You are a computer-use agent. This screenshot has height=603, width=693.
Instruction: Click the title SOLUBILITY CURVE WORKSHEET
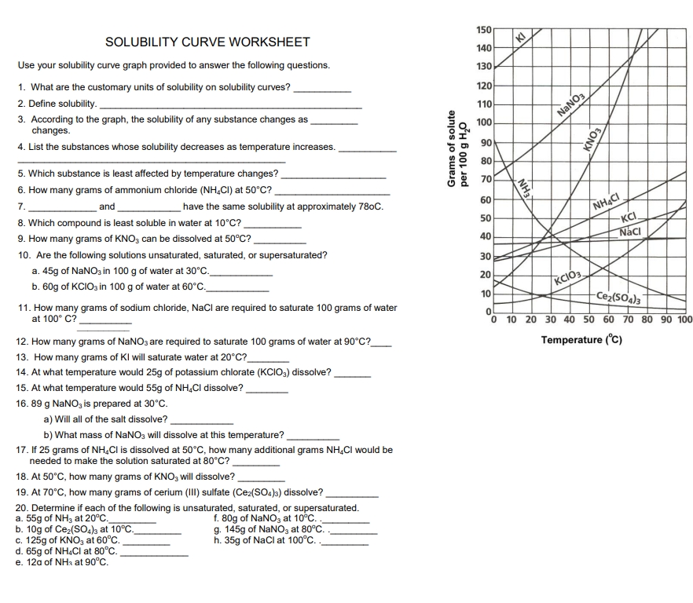point(207,42)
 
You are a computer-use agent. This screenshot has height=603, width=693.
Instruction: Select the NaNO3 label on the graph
point(571,104)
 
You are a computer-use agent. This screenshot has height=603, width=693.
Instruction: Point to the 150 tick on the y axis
point(484,29)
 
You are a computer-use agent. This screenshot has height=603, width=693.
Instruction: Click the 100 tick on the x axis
point(684,320)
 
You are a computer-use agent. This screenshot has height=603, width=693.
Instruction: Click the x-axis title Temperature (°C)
point(581,340)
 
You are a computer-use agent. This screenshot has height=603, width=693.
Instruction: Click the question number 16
point(22,404)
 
